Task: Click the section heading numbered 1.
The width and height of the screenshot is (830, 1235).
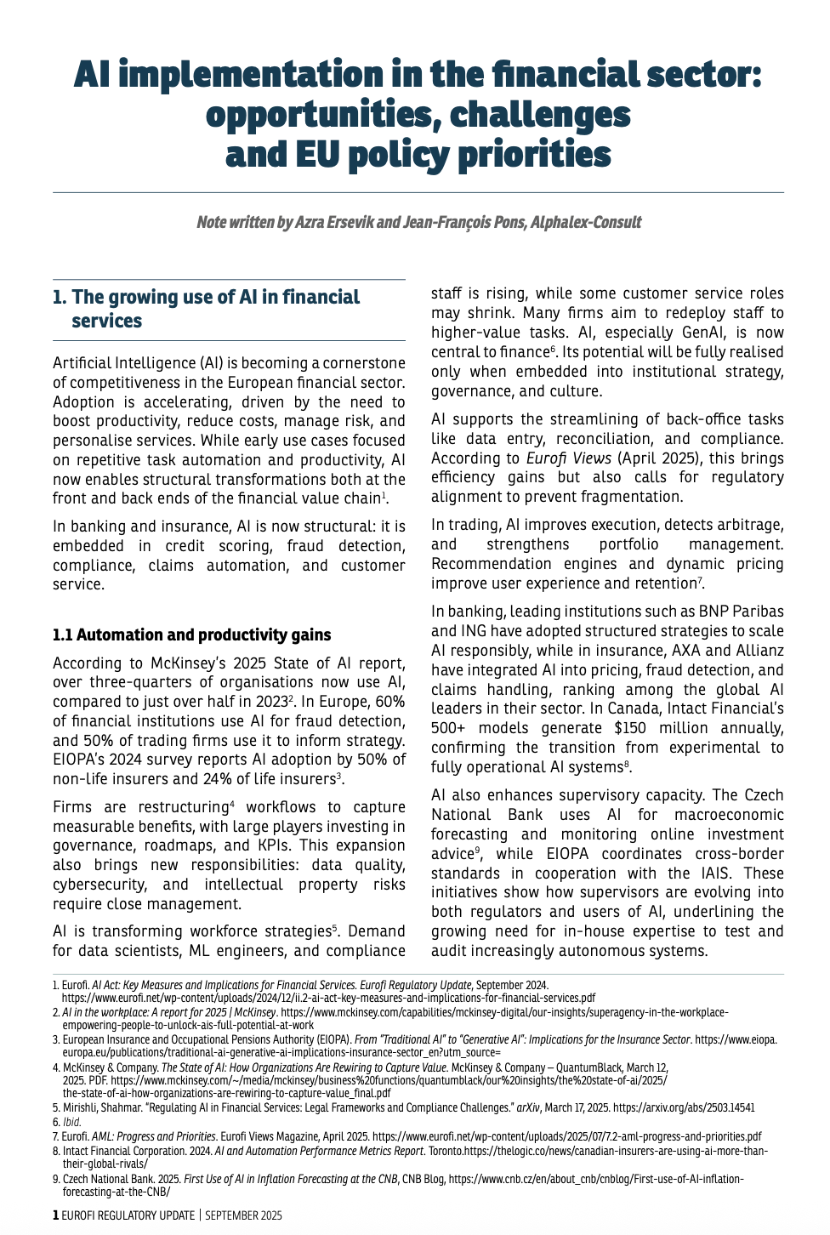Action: pos(206,309)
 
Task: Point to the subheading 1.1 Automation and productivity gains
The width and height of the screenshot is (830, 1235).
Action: pos(191,635)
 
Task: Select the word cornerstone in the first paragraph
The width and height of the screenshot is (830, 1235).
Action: pos(363,364)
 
